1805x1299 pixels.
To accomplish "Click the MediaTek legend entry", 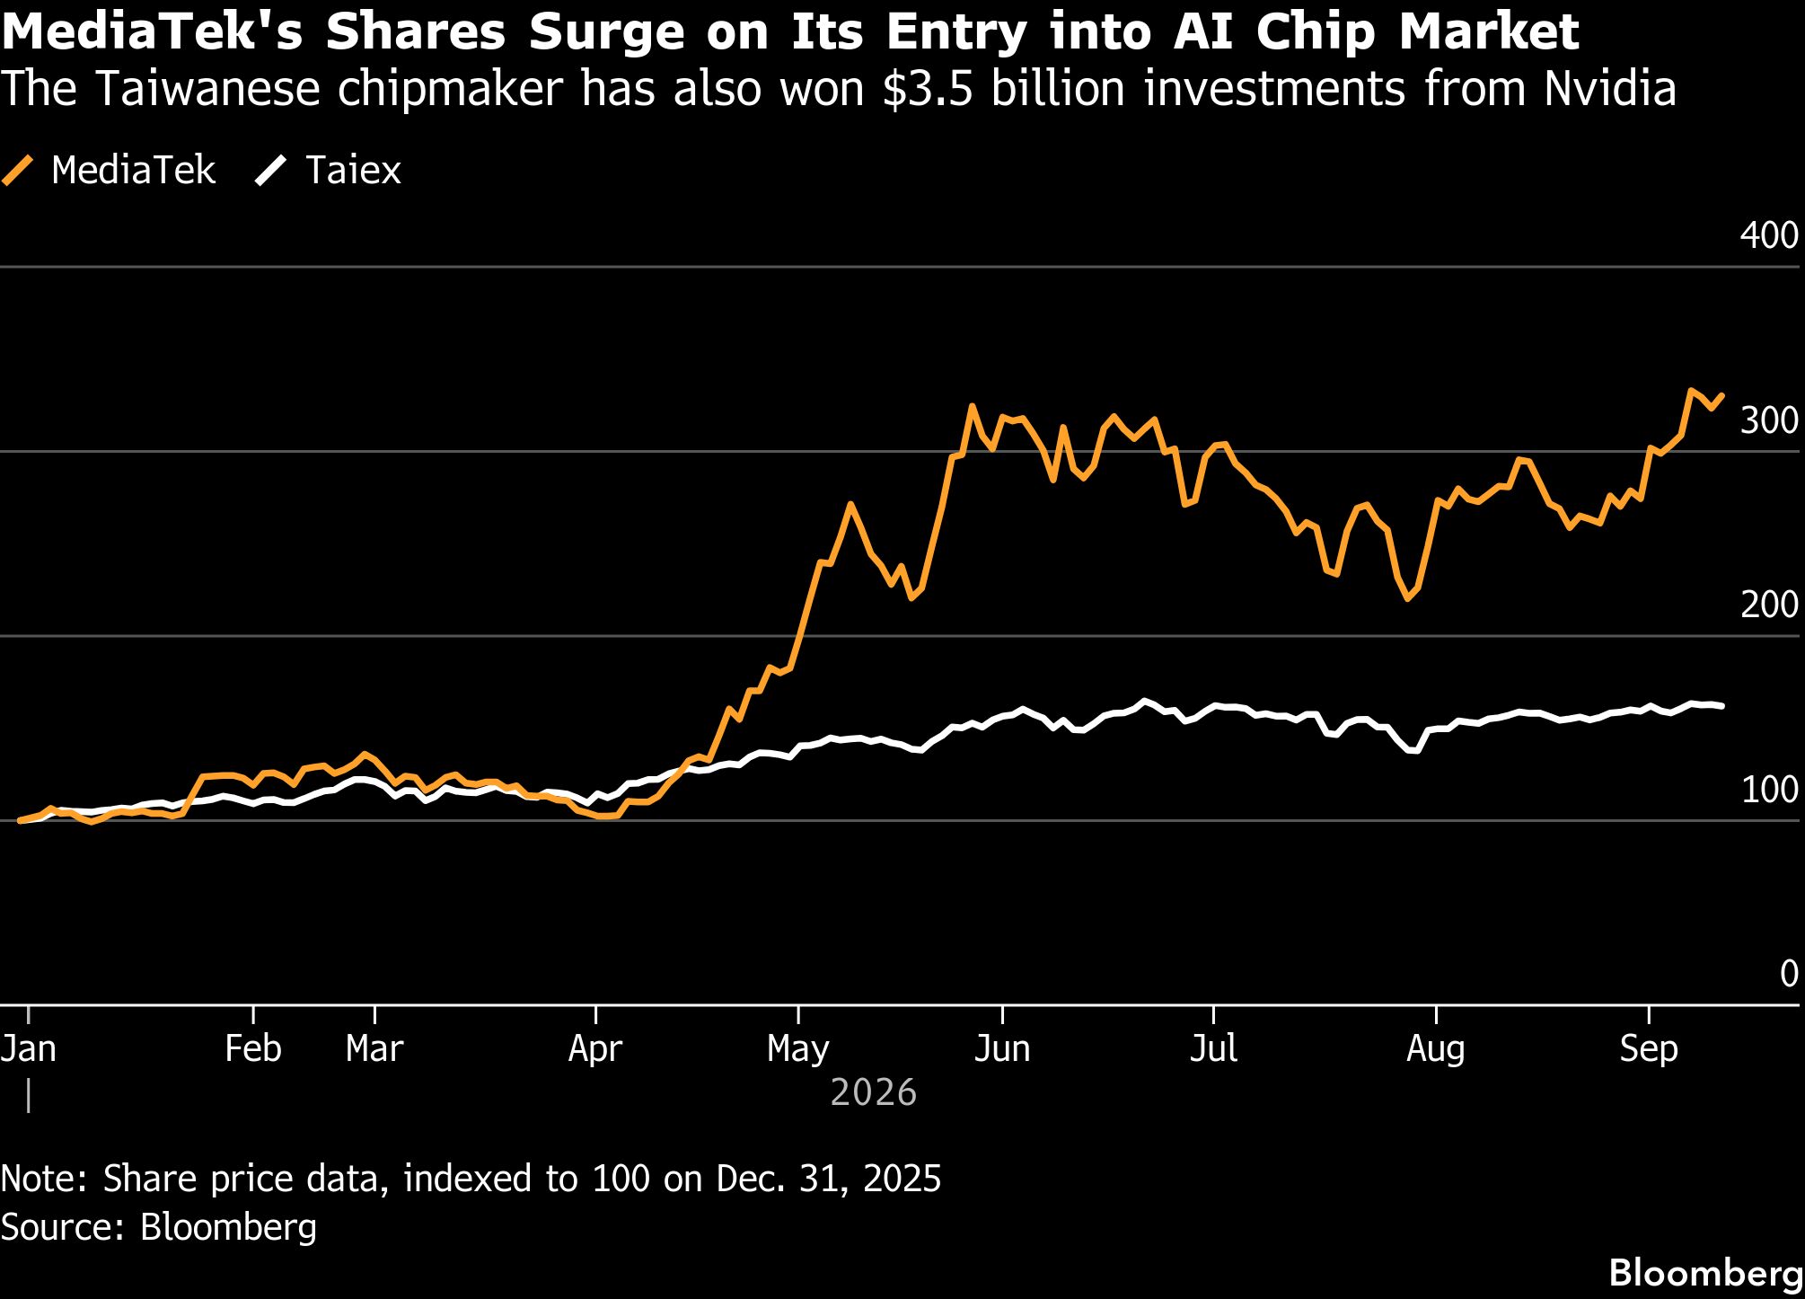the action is [109, 170].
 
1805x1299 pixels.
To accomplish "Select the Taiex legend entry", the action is [328, 170].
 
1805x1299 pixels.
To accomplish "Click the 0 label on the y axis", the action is [1789, 974].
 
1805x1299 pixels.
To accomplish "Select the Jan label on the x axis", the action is [29, 1048].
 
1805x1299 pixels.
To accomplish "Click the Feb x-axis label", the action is [253, 1048].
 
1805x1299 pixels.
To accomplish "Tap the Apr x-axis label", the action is [595, 1048].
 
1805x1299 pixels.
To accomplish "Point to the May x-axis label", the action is [798, 1048].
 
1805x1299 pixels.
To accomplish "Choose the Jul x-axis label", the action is [1213, 1048].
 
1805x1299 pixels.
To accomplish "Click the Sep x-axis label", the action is [1649, 1048].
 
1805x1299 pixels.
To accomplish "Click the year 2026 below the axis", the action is [874, 1092].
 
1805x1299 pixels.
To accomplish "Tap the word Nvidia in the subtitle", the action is [1610, 89].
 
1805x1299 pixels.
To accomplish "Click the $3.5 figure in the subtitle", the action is [929, 89].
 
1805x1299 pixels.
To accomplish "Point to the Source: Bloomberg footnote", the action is [159, 1227].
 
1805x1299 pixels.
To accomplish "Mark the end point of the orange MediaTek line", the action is [1721, 395].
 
